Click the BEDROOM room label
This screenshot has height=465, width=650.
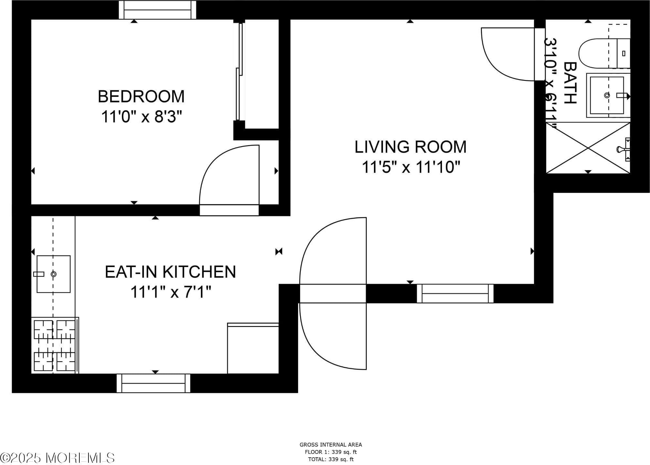click(x=141, y=97)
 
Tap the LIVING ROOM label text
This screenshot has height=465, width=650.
click(x=410, y=147)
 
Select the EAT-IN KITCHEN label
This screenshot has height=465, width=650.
click(x=170, y=272)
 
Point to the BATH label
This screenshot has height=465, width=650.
click(x=570, y=83)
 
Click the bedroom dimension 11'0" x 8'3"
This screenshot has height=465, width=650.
click(x=142, y=117)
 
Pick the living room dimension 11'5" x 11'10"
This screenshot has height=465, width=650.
click(x=411, y=168)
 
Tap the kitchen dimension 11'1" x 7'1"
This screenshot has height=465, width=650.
click(x=171, y=292)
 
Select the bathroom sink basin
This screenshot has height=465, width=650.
click(x=607, y=95)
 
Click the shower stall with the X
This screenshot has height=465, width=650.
click(x=588, y=148)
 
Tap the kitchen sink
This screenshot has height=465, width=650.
click(x=53, y=274)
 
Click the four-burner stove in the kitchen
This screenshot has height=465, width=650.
click(x=55, y=345)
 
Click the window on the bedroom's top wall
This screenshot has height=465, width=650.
click(x=157, y=10)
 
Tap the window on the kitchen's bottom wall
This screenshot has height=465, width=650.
click(x=153, y=383)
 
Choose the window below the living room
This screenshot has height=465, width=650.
click(x=455, y=294)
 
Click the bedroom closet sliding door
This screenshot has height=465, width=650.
click(x=239, y=71)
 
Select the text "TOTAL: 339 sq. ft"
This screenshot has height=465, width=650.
click(x=331, y=459)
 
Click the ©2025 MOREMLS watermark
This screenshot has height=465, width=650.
click(x=57, y=458)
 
